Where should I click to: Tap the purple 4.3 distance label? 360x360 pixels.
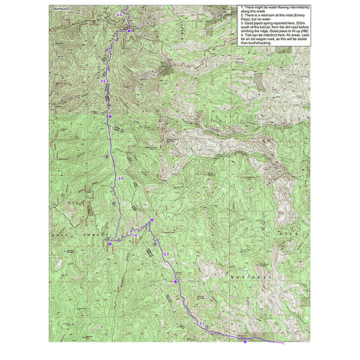pos(119,13)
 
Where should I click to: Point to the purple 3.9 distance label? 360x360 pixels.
pos(121,179)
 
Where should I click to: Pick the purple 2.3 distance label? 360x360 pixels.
pos(167,256)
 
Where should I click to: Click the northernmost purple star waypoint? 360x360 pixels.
pos(128,29)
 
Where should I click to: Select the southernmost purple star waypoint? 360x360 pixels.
pos(245,341)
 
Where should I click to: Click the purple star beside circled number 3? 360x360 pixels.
pos(110,244)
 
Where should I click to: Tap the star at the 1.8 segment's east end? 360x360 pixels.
pos(152,220)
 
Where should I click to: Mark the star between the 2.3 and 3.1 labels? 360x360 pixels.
pos(175,281)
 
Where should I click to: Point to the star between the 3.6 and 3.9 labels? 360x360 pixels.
pos(109,116)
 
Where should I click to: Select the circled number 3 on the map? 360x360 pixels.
pos(107,238)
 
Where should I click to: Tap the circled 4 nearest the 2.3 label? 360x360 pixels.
pos(155,244)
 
